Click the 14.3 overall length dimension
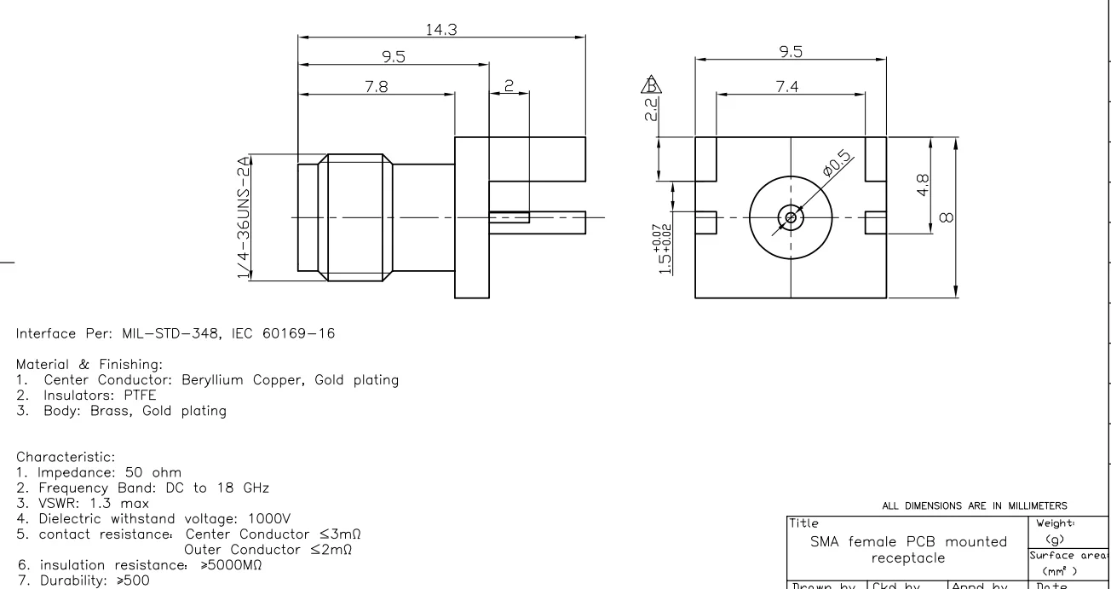tap(440, 29)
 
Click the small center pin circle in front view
tap(791, 217)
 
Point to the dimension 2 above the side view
tap(509, 87)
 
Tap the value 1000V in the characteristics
tap(275, 517)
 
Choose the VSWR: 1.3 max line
tap(82, 502)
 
